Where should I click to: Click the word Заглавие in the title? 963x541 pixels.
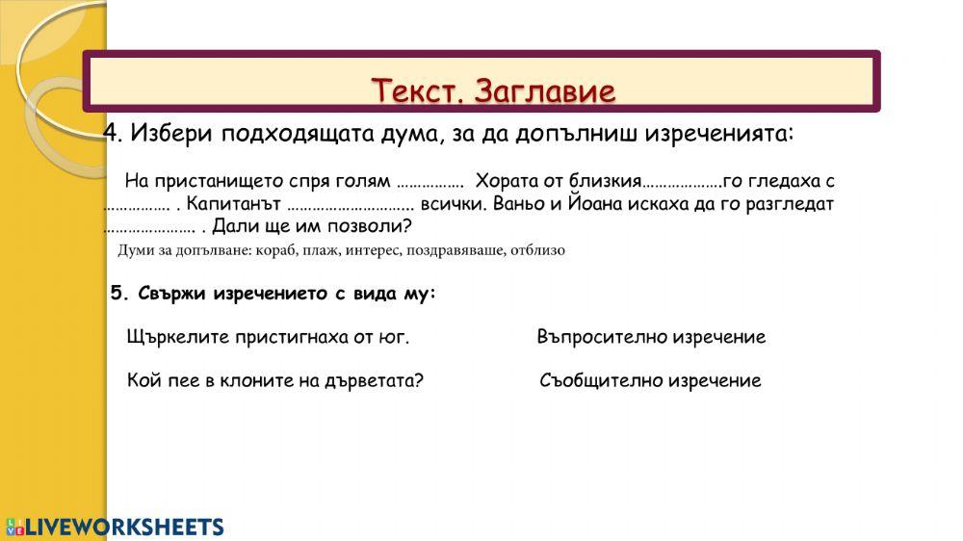coord(545,91)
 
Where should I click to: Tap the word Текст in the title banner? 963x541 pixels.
coord(418,91)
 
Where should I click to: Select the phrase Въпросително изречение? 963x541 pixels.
coord(651,337)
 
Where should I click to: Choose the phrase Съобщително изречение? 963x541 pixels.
coord(650,380)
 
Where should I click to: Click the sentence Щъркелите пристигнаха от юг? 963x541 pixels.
coord(268,337)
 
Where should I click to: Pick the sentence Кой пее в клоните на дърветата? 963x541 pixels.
coord(274,380)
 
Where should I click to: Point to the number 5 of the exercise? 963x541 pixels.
coord(117,294)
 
